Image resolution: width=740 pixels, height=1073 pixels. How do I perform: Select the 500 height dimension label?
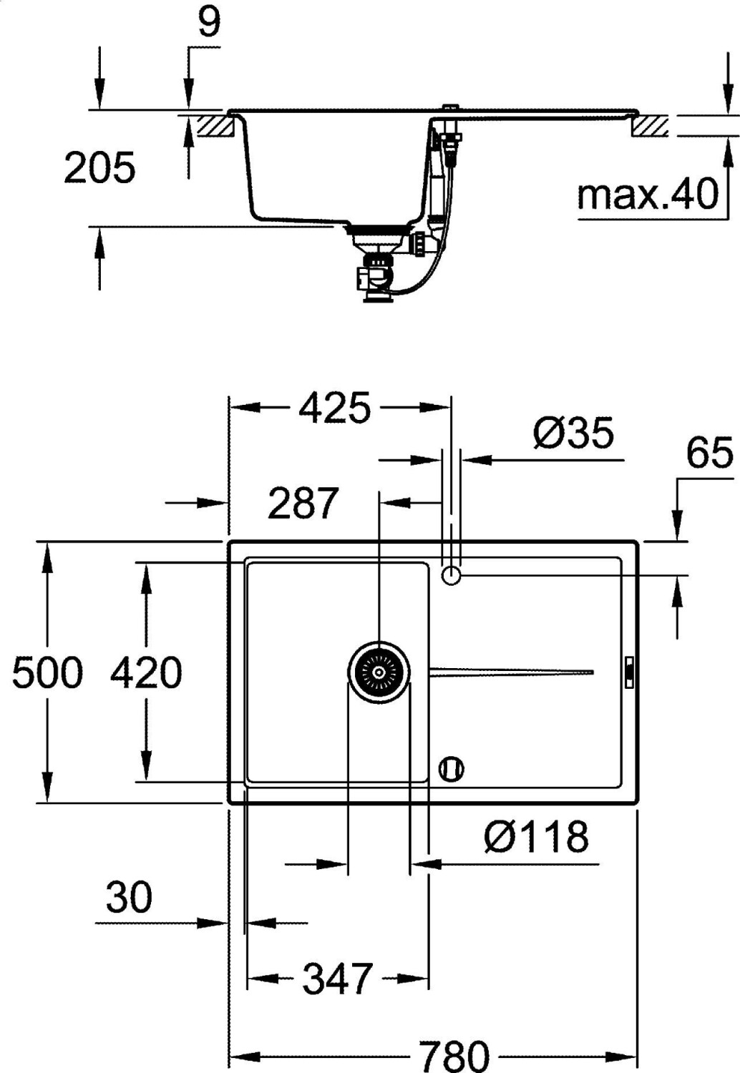tap(47, 673)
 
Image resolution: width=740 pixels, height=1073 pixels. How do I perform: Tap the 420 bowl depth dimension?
tap(146, 673)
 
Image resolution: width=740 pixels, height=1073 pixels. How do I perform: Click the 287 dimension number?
tap(303, 503)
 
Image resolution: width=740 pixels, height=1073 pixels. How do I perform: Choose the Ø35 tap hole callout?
tap(573, 433)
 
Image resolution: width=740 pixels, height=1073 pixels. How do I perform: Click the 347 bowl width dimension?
tap(337, 978)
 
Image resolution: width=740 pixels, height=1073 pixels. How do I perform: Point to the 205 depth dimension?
tap(100, 167)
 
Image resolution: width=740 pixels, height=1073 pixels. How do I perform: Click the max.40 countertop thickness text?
tap(648, 194)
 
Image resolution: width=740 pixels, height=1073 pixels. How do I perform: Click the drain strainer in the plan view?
tap(379, 672)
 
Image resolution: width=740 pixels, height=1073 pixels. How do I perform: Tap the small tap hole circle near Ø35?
tap(451, 574)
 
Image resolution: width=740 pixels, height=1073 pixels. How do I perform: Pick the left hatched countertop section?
tap(215, 125)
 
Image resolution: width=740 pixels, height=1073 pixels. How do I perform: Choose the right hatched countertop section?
tap(650, 125)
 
